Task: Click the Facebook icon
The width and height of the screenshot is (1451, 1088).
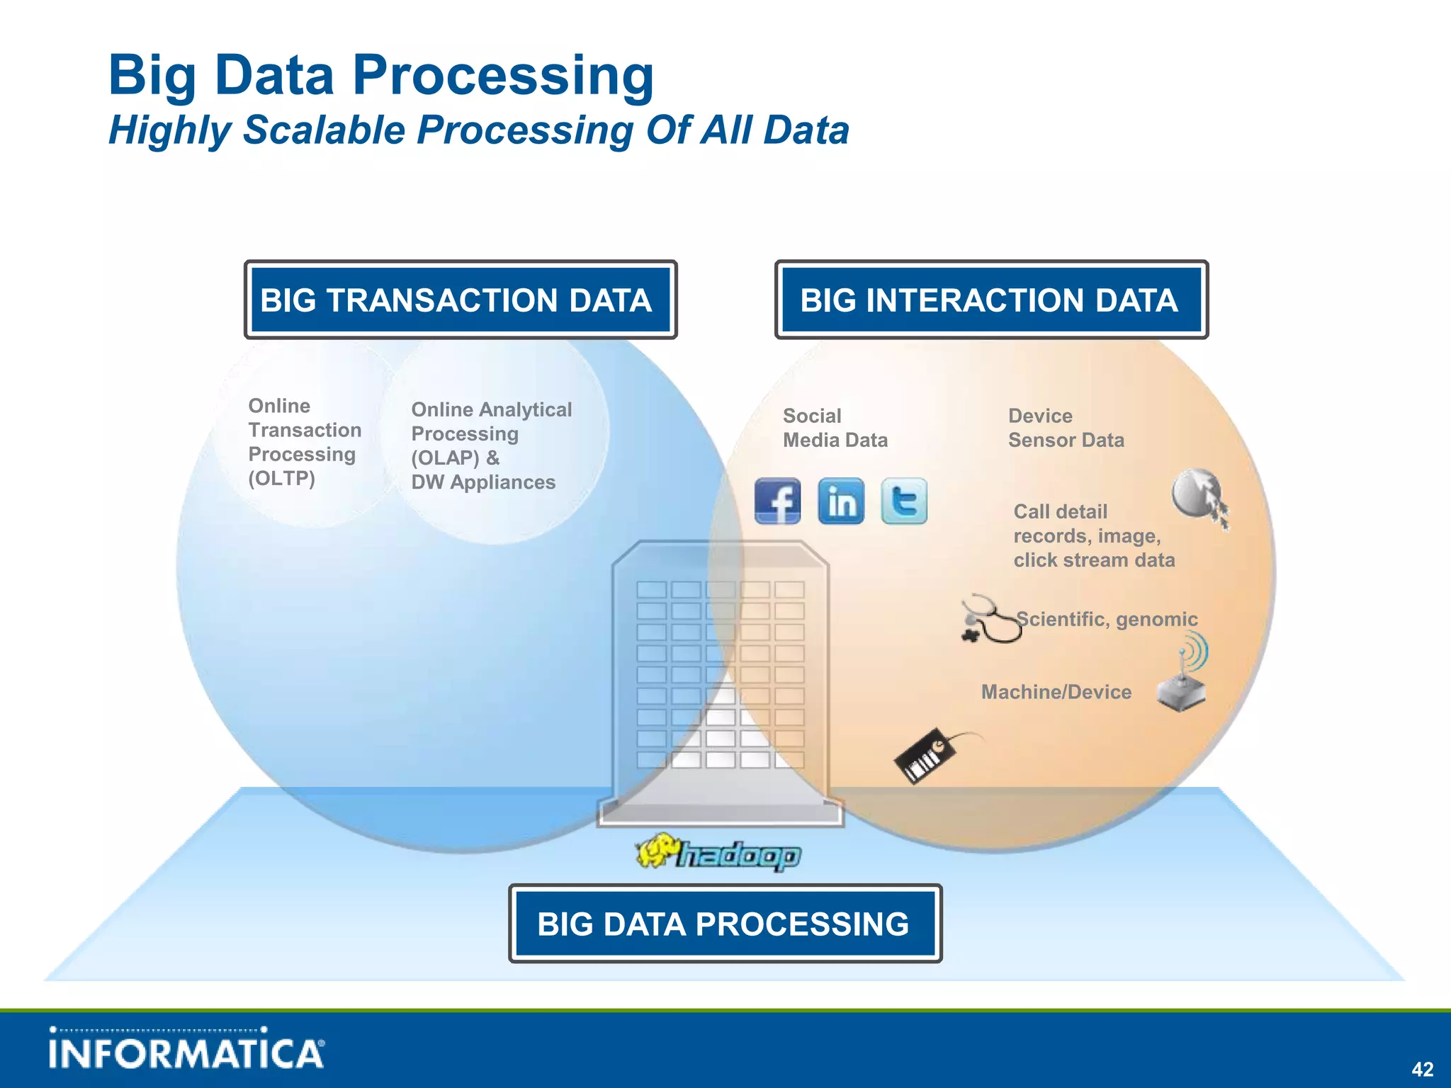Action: (x=777, y=501)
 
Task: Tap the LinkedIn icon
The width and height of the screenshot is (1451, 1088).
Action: (x=841, y=501)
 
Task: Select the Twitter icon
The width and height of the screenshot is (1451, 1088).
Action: (x=904, y=501)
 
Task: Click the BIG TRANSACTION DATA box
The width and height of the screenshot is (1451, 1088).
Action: (x=461, y=300)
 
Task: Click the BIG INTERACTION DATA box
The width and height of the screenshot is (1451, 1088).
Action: (x=991, y=300)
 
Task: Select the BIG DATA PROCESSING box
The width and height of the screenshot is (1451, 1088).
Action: (x=725, y=924)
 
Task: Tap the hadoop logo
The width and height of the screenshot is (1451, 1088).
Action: (x=718, y=853)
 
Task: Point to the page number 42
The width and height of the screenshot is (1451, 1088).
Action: (x=1422, y=1069)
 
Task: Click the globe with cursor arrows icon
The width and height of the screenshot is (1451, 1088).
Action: (x=1199, y=496)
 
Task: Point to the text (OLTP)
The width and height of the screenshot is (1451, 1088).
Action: (x=281, y=478)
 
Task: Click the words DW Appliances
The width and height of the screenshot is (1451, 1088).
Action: (x=483, y=482)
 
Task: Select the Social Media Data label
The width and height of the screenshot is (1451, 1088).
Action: (x=834, y=428)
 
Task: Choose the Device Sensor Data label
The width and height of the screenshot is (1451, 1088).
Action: (x=1065, y=428)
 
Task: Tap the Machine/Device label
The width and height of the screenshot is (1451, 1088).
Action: (x=1056, y=692)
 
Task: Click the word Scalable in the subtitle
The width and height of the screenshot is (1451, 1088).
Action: (x=324, y=130)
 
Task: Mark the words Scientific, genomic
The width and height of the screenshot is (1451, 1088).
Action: (x=1107, y=620)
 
